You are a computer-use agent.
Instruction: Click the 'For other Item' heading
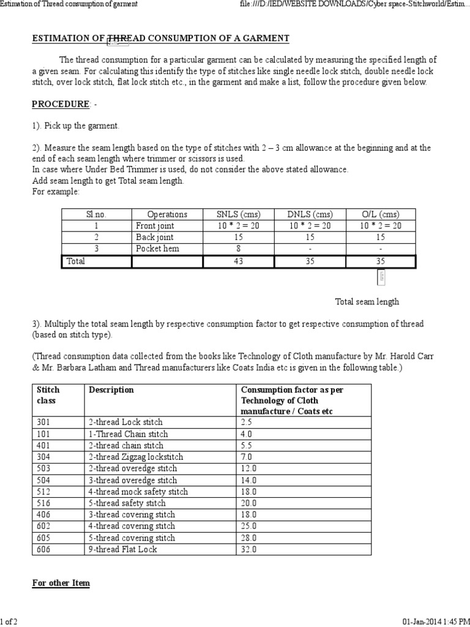[61, 583]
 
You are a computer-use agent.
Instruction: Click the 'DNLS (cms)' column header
[310, 214]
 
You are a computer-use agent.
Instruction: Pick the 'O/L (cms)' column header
[380, 214]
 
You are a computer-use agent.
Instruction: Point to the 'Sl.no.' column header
[96, 214]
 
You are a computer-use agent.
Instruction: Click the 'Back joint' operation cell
[155, 237]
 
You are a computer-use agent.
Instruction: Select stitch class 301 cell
[44, 422]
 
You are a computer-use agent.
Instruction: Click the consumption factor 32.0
[248, 549]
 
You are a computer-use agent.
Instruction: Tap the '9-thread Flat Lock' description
[122, 549]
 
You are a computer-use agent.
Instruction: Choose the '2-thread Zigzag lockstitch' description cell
[136, 457]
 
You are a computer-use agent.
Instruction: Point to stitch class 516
[44, 503]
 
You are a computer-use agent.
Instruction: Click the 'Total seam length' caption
[367, 301]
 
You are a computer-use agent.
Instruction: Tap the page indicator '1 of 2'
[9, 621]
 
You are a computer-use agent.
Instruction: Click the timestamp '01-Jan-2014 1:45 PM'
[436, 621]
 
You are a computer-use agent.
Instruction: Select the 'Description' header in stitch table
[111, 389]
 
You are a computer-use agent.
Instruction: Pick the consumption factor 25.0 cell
[248, 526]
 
